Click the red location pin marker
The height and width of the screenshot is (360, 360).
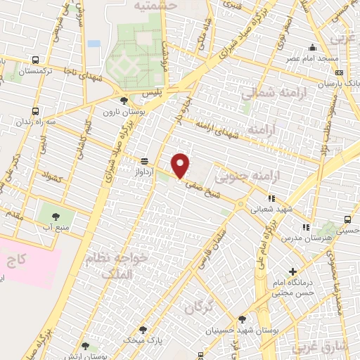(x=181, y=165)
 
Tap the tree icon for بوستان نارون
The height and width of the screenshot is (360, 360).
(x=124, y=101)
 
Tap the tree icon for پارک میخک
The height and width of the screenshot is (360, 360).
(x=143, y=329)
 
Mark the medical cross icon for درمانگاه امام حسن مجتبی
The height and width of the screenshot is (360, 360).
(x=292, y=271)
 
